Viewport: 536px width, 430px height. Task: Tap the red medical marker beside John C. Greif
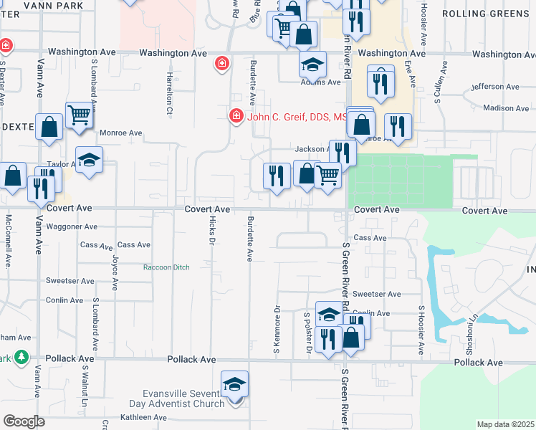[235, 115]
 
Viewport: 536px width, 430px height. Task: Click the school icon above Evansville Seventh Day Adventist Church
[234, 384]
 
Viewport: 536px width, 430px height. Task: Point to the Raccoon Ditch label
[166, 267]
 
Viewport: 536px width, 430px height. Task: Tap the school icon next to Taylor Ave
[90, 160]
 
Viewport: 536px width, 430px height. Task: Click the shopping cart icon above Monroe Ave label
[79, 114]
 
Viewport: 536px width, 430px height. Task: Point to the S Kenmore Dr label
[276, 330]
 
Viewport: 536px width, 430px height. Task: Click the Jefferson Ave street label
[495, 87]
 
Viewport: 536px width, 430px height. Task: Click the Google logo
[24, 421]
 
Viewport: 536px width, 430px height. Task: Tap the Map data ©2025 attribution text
[504, 424]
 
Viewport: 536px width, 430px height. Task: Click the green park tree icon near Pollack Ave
[21, 356]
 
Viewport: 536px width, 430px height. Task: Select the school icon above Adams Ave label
[312, 64]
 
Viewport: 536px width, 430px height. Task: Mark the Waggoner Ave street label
[71, 226]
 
